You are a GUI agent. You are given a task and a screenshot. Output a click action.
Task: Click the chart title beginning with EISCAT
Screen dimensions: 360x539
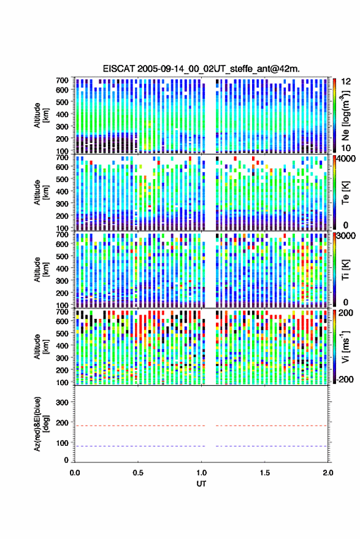201,69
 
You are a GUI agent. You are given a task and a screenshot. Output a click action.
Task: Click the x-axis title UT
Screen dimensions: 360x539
201,484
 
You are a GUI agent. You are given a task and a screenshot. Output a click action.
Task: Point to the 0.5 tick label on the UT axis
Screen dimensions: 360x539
138,473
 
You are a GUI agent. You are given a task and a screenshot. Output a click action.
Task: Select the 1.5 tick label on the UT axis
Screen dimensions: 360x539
265,473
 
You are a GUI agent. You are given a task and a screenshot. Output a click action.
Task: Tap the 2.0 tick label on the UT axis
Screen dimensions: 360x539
328,473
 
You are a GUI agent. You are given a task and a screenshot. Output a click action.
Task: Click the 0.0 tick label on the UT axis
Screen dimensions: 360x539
75,473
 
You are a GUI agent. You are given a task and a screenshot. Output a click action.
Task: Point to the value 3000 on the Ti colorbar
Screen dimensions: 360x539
347,236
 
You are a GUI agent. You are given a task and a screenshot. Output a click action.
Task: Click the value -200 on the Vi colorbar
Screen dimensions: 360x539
345,380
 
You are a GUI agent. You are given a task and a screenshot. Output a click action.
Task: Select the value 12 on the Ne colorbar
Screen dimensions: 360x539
347,82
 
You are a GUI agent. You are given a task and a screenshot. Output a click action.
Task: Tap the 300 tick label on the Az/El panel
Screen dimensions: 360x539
62,402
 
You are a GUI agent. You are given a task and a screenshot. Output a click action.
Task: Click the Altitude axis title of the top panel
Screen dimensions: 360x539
41,115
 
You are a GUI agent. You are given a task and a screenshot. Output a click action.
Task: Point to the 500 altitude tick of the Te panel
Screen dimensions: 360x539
62,179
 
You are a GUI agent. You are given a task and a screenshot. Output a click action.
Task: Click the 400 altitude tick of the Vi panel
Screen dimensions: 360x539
62,345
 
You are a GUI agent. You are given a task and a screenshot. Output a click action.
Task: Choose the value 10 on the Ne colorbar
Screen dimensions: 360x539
347,148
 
